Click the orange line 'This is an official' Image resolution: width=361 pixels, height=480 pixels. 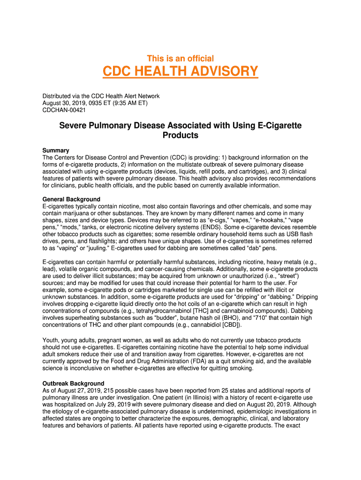pyautogui.click(x=180, y=59)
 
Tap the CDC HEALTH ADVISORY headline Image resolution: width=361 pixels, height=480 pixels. pyautogui.click(x=180, y=72)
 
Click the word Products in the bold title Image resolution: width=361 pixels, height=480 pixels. pyautogui.click(x=180, y=135)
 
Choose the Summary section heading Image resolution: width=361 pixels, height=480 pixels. pyautogui.click(x=56, y=150)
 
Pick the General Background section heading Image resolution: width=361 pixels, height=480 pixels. pyautogui.click(x=71, y=199)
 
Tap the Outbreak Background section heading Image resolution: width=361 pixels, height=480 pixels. pyautogui.click(x=73, y=383)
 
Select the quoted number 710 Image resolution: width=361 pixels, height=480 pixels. pyautogui.click(x=259, y=318)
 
